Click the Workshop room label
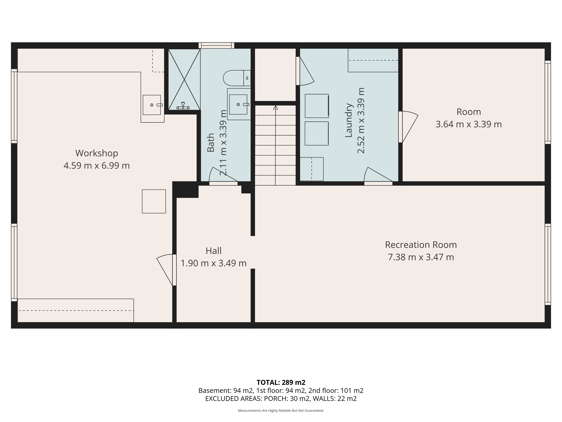(x=97, y=153)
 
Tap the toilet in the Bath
(x=236, y=78)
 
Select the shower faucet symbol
(x=183, y=106)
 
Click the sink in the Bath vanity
(x=238, y=104)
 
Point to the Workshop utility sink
(x=152, y=105)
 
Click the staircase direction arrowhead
(x=276, y=108)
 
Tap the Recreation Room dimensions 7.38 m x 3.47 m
(x=421, y=257)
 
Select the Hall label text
(x=213, y=251)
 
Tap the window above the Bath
(x=216, y=46)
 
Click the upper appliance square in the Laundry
(x=317, y=106)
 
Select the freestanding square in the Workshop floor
(x=154, y=201)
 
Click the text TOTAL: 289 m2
(x=281, y=382)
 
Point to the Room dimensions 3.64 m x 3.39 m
(x=468, y=124)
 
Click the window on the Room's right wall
(x=547, y=102)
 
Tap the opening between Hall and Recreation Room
(x=253, y=252)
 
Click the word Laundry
(x=349, y=120)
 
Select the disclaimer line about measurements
(x=281, y=410)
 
